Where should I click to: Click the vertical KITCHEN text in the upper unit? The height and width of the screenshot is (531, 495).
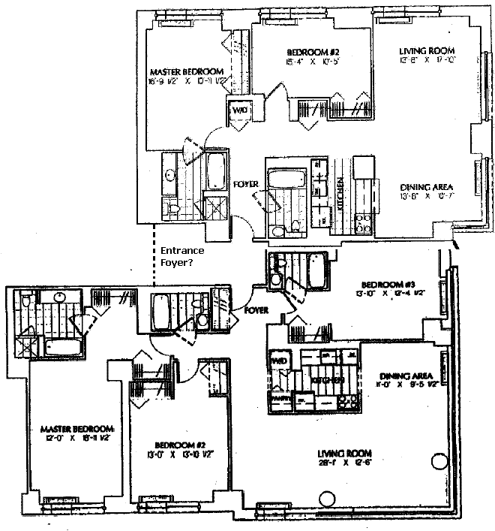(340, 192)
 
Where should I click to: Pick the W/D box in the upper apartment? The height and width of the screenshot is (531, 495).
(241, 111)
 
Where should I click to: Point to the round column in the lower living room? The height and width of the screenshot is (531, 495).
(327, 499)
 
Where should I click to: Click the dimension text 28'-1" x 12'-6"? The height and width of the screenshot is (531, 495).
(346, 463)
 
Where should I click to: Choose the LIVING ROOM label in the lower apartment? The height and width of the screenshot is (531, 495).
(346, 453)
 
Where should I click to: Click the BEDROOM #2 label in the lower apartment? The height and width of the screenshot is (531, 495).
(171, 444)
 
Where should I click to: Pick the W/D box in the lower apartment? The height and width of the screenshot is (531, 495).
(278, 360)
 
